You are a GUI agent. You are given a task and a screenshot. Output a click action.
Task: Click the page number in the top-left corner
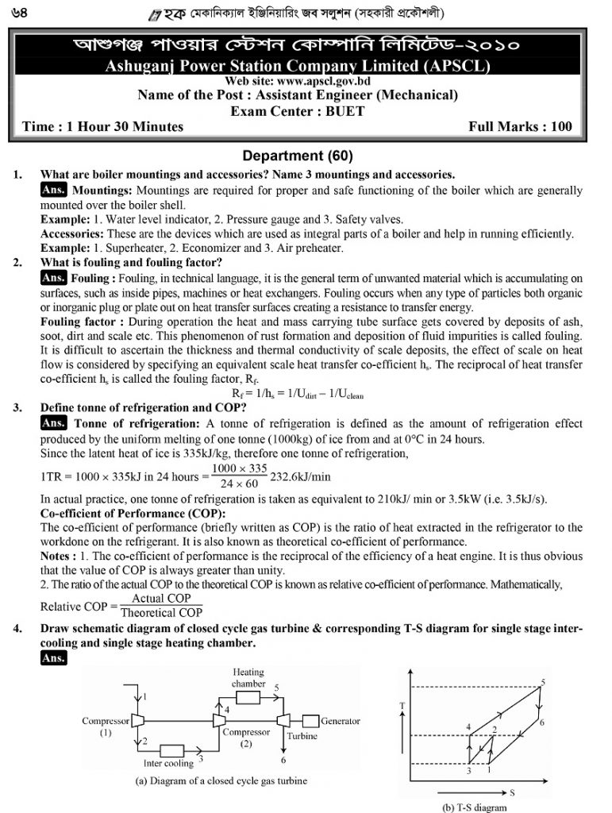click(x=15, y=13)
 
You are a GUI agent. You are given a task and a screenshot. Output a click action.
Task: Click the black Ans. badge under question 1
click(x=53, y=190)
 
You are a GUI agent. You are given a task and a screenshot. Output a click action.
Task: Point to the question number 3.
click(x=18, y=407)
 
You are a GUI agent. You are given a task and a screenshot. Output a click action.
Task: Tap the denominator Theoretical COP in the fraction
click(x=161, y=612)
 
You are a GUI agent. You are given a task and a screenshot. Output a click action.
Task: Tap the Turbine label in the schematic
click(x=301, y=736)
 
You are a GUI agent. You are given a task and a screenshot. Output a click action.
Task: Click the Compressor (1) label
click(x=106, y=727)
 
